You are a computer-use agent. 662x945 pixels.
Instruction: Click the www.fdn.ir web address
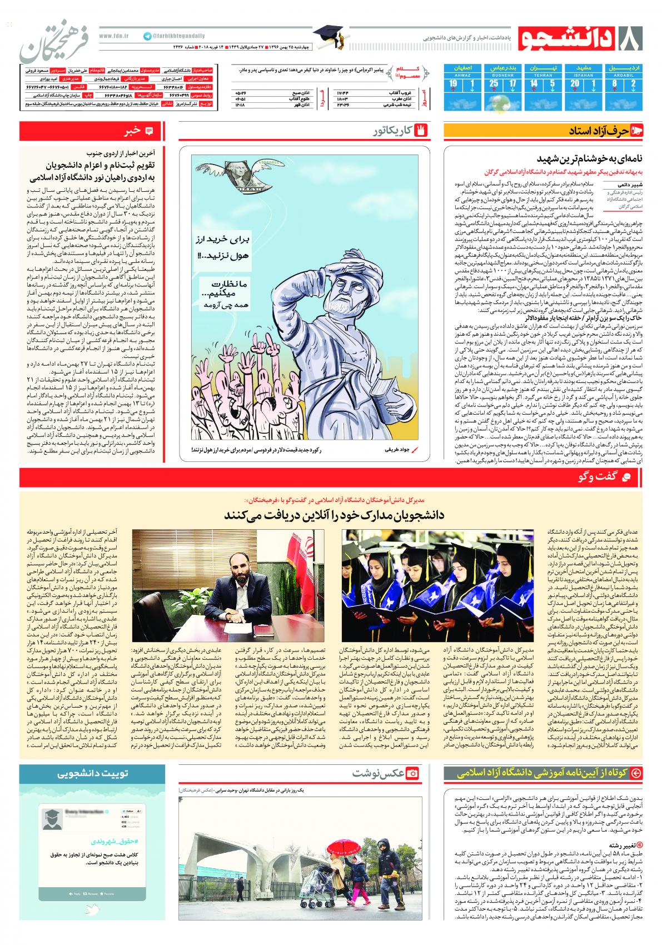tap(113, 36)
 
